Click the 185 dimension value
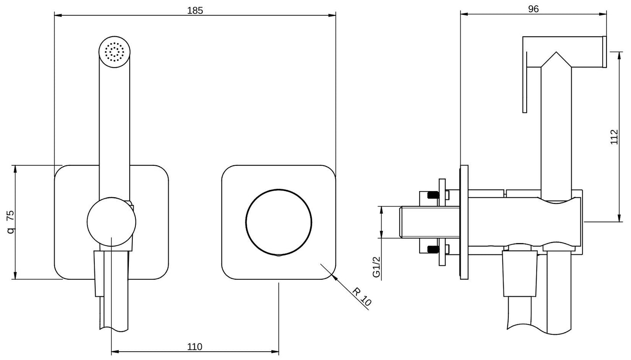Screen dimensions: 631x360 (x=195, y=10)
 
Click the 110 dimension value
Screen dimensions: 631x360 (x=195, y=347)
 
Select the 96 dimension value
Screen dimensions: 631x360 (x=533, y=9)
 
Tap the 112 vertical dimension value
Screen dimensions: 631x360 (x=614, y=137)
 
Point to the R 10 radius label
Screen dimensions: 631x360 (x=362, y=297)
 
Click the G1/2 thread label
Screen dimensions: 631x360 (x=376, y=267)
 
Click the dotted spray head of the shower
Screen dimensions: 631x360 (x=114, y=52)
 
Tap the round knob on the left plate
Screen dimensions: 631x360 (x=111, y=222)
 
